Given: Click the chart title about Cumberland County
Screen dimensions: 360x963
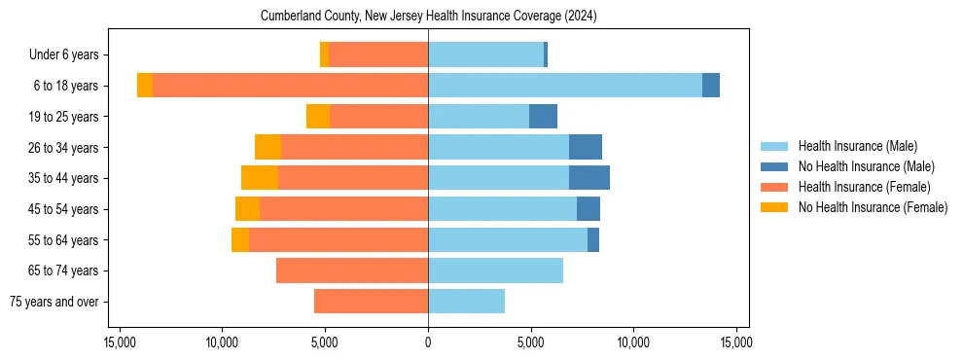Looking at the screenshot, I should click(x=428, y=17).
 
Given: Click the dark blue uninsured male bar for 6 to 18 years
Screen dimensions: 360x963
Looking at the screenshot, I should click(x=711, y=86).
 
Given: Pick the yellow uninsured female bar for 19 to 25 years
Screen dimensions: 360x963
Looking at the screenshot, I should click(x=318, y=117).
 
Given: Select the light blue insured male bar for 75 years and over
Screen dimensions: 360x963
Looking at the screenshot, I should click(x=466, y=302).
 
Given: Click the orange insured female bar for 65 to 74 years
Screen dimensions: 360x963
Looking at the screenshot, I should click(x=352, y=270).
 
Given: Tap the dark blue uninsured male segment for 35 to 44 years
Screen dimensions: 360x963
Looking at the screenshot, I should click(x=589, y=178).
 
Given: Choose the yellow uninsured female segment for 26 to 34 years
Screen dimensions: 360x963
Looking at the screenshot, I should click(x=267, y=147).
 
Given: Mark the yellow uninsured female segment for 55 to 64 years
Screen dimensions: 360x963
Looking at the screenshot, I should click(x=240, y=239).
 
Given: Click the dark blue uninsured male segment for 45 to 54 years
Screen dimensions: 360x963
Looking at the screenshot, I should click(x=588, y=209).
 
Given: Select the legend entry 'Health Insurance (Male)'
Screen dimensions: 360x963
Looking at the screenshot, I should click(x=857, y=146).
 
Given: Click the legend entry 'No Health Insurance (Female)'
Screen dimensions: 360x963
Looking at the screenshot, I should click(x=873, y=207).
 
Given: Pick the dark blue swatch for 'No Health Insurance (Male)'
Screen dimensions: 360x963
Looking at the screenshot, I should click(x=774, y=166).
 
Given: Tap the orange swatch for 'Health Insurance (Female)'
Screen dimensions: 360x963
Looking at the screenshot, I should click(x=774, y=187).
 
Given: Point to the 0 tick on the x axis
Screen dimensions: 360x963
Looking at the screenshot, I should click(x=428, y=342).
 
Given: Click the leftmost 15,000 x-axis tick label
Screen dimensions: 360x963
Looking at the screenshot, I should click(x=120, y=342).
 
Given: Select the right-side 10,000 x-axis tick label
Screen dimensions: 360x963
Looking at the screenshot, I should click(x=633, y=342).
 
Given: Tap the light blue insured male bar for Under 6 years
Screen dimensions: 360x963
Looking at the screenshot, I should click(x=485, y=55).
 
